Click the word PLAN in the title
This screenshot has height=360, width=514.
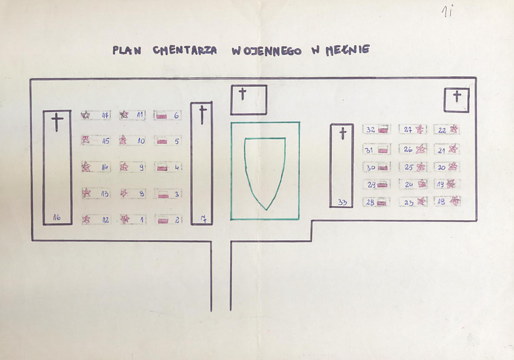(x=127, y=50)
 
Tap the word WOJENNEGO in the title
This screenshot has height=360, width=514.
(x=266, y=51)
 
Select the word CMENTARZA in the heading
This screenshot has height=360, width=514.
(x=185, y=50)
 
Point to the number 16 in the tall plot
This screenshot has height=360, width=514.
(x=57, y=217)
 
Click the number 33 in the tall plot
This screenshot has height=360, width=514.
(x=342, y=202)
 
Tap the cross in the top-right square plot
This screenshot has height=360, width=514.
(x=457, y=97)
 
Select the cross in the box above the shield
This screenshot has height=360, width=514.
(x=243, y=94)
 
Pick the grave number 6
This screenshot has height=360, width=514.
(x=176, y=115)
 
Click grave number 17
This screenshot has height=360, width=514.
(x=105, y=115)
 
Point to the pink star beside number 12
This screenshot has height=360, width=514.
(x=86, y=219)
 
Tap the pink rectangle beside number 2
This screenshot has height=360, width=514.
(x=163, y=221)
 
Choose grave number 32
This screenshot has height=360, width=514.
(x=370, y=130)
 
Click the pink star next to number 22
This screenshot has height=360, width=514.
(x=454, y=129)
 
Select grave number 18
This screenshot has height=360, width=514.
(x=441, y=202)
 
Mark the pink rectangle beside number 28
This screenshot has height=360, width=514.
(x=381, y=203)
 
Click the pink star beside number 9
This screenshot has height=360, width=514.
(x=124, y=167)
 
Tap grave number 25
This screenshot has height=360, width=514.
(x=409, y=167)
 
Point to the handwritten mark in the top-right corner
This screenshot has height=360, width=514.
(x=448, y=12)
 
